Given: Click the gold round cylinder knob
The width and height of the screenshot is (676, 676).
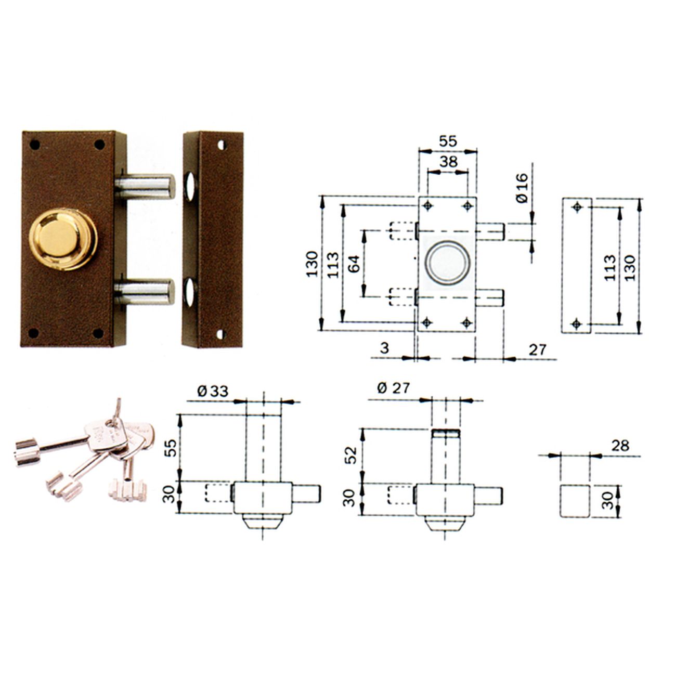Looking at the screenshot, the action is pos(63,239).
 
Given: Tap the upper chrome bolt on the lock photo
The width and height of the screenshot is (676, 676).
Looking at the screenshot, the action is pos(145,186).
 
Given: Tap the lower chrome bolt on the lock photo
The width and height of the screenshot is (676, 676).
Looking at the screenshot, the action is pos(145,292).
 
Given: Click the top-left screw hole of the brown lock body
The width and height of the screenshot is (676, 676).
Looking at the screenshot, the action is pos(35,144).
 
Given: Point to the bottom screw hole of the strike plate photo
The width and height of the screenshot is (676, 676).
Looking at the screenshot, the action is pos(220,333).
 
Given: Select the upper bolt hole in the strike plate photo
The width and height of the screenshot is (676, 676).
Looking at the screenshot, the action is pos(190,187).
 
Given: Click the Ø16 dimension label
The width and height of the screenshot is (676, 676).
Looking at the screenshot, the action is pos(522,187).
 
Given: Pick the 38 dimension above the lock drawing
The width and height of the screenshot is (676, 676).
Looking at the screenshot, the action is pos(448,162).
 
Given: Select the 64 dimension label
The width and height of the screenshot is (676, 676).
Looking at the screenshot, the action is pos(355,264).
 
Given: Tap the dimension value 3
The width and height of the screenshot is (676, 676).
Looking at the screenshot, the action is pos(385,348).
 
